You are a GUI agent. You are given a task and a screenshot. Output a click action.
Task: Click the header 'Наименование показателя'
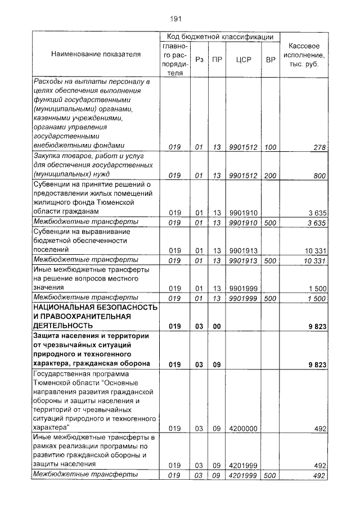tap(96, 55)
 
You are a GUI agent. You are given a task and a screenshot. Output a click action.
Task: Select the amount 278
tap(320, 147)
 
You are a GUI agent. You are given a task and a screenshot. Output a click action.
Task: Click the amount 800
tap(319, 175)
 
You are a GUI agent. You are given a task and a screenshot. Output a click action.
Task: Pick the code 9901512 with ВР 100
tap(243, 147)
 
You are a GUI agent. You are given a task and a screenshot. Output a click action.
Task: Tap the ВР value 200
tap(270, 175)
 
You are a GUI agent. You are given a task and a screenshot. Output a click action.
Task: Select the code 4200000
tap(243, 429)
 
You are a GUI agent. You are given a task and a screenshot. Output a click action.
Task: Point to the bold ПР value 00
tap(217, 326)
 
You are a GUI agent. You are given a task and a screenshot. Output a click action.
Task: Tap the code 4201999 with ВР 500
tap(243, 475)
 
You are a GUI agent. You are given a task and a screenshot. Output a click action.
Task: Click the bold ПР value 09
tap(217, 364)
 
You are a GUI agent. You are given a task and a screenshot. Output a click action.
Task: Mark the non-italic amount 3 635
tap(317, 212)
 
